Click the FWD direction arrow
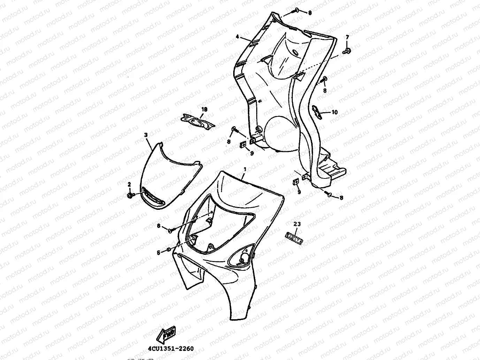pos(166,334)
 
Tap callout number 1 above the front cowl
pos(245,169)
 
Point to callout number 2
pos(129,184)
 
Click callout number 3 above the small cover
pos(146,135)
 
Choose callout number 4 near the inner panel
pos(237,37)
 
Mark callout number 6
pos(158,253)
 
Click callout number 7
pos(347,37)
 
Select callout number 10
pos(335,112)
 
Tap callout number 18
pos(204,109)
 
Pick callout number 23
pos(297,224)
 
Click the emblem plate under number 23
pos(295,236)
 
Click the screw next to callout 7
pos(346,51)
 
